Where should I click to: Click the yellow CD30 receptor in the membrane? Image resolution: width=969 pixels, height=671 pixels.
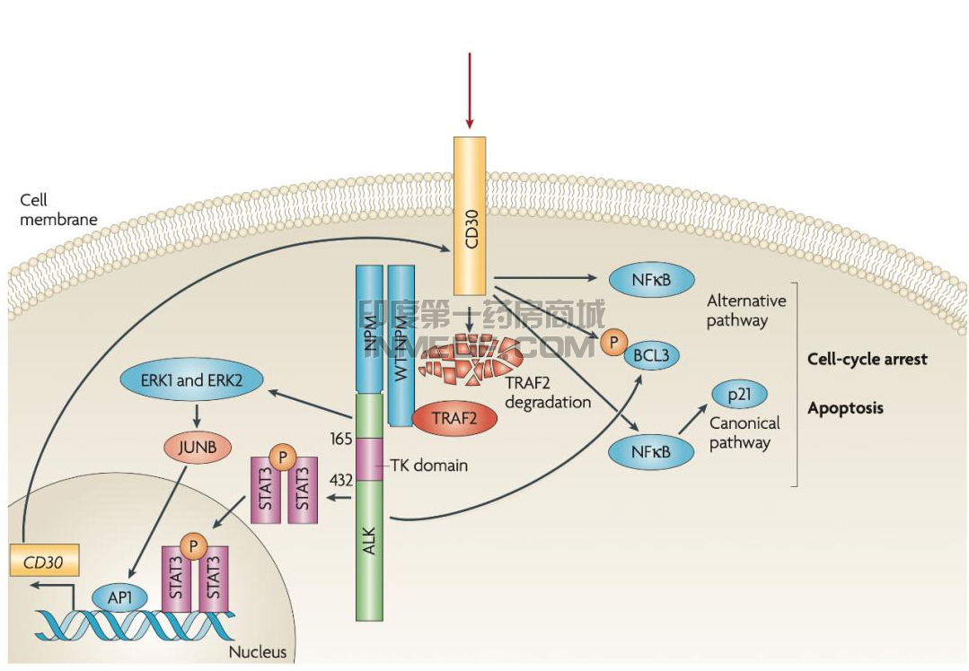[470, 215]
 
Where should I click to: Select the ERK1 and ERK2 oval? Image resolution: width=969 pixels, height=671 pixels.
[191, 380]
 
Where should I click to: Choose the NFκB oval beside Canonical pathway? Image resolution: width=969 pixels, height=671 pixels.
[651, 451]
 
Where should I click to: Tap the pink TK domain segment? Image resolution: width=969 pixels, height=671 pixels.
[369, 458]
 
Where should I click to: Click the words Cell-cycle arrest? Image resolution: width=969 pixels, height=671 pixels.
[868, 359]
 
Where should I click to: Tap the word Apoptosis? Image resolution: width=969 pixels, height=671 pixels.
[845, 408]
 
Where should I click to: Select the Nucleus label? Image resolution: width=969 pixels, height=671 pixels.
[258, 652]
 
